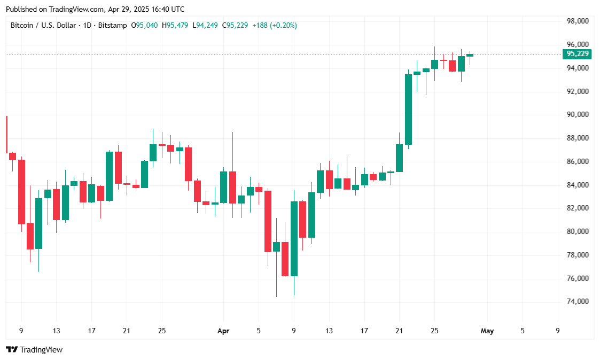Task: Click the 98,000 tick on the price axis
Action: (x=578, y=21)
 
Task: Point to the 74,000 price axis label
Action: (x=578, y=302)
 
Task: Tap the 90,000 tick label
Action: (x=578, y=115)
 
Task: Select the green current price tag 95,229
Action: (x=578, y=54)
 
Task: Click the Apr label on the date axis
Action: (x=223, y=331)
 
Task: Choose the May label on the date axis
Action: (x=487, y=331)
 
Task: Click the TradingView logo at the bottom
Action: (x=34, y=350)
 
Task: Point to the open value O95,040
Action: (x=144, y=25)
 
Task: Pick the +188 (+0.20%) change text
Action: (x=275, y=25)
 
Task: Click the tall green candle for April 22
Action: (x=408, y=109)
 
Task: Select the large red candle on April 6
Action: (x=268, y=221)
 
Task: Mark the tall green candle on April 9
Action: (x=294, y=239)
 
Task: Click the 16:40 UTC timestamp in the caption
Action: (x=165, y=9)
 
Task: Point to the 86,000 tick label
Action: (x=578, y=161)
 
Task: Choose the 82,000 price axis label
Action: (x=578, y=208)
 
